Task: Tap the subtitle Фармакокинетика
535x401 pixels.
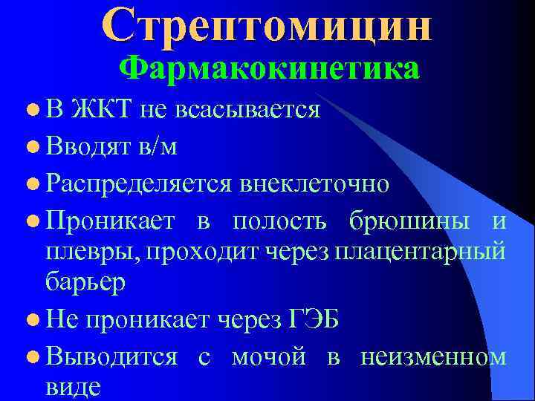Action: click(270, 69)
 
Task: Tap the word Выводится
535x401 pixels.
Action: click(110, 357)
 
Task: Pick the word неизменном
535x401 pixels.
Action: click(433, 357)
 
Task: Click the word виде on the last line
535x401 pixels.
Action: click(72, 388)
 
